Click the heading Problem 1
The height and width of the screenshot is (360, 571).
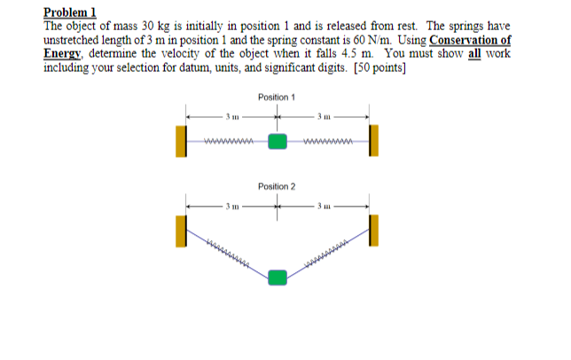[x=70, y=12]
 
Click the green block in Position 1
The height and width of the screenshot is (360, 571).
[x=278, y=141]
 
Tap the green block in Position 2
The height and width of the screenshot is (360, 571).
[x=278, y=278]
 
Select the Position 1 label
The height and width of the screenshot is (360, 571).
[x=277, y=96]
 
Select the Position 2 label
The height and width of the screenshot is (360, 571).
[x=277, y=187]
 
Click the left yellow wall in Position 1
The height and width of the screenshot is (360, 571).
[x=181, y=141]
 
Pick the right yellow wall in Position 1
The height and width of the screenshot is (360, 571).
[x=373, y=141]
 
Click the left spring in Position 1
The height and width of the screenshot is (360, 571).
[x=229, y=141]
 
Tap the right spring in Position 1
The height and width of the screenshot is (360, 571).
[x=327, y=141]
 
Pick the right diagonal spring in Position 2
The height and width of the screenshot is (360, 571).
[x=328, y=252]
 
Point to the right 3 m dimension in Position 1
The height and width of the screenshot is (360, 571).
[x=325, y=115]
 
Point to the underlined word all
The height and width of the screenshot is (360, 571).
[x=475, y=54]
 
